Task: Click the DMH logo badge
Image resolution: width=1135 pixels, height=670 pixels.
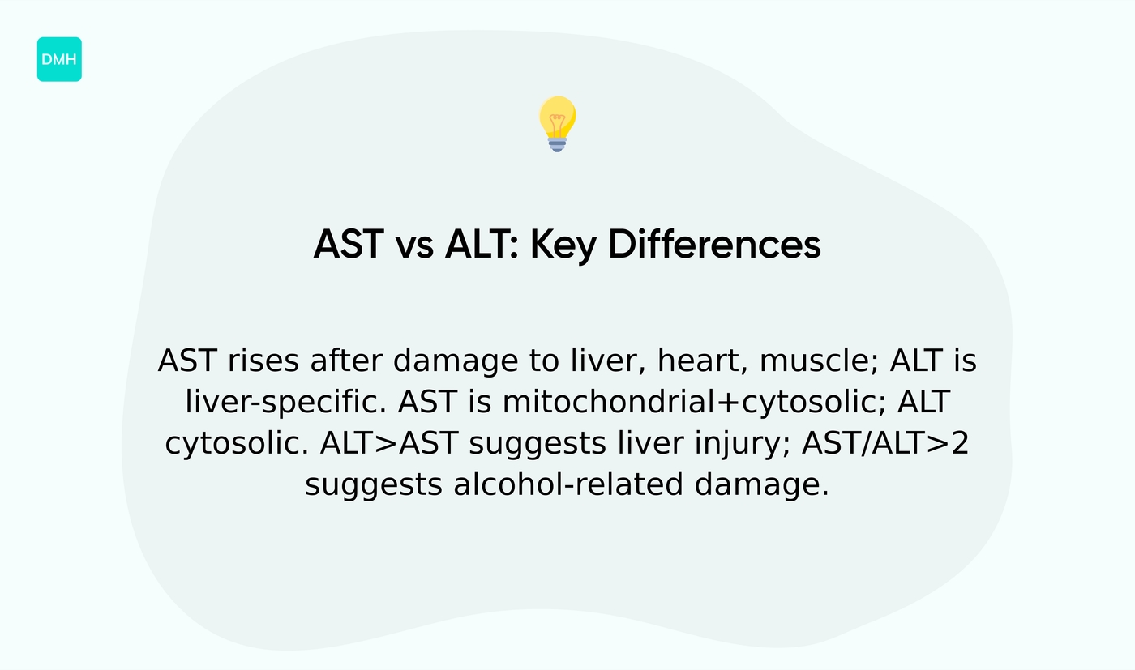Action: (x=59, y=59)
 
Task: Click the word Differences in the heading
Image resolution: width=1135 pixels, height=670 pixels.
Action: (x=714, y=245)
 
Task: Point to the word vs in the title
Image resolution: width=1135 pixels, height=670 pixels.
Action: (x=413, y=245)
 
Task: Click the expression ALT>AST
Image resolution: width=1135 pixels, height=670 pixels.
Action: (x=389, y=444)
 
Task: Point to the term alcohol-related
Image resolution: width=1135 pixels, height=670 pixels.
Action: (x=563, y=485)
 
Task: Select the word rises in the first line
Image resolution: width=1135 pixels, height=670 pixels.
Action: (x=263, y=361)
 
